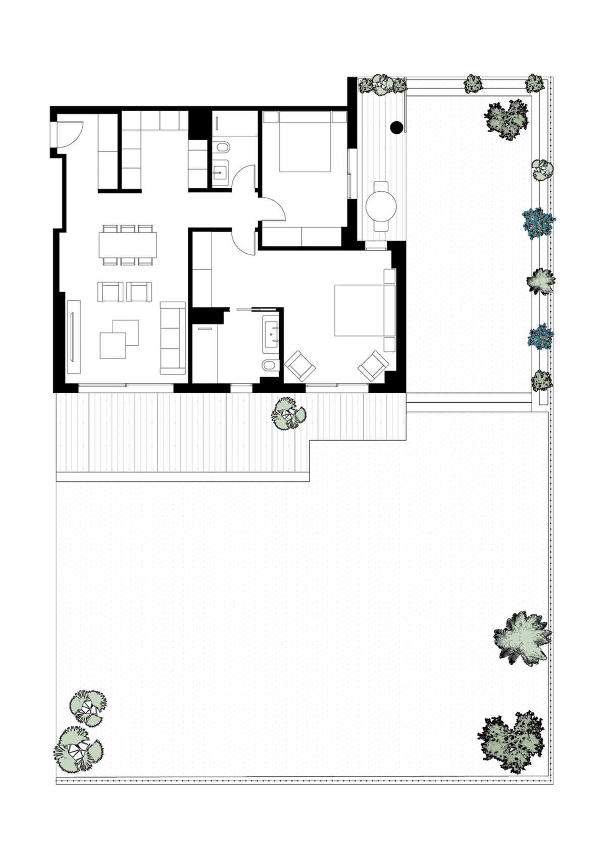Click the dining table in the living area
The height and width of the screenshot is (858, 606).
tap(128, 245)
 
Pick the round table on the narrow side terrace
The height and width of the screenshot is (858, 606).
tap(381, 206)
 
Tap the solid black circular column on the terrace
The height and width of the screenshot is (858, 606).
tap(397, 127)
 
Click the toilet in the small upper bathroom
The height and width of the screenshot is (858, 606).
tap(220, 148)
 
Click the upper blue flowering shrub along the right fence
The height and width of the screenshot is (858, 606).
tap(538, 222)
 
